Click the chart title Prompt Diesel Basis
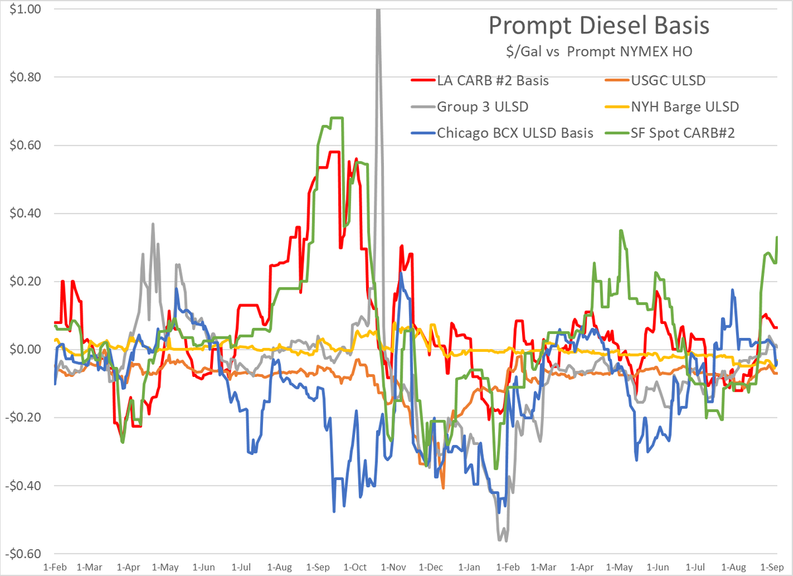click(x=599, y=26)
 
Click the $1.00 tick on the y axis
click(x=25, y=9)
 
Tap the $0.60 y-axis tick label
click(x=25, y=145)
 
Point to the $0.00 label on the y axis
click(x=25, y=349)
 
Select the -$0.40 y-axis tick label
click(x=24, y=485)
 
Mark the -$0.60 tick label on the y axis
click(x=24, y=554)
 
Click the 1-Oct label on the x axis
click(x=355, y=567)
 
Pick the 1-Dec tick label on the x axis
click(x=431, y=567)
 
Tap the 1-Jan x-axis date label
click(x=469, y=567)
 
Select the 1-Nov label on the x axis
click(x=393, y=567)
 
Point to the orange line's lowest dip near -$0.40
click(x=443, y=487)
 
